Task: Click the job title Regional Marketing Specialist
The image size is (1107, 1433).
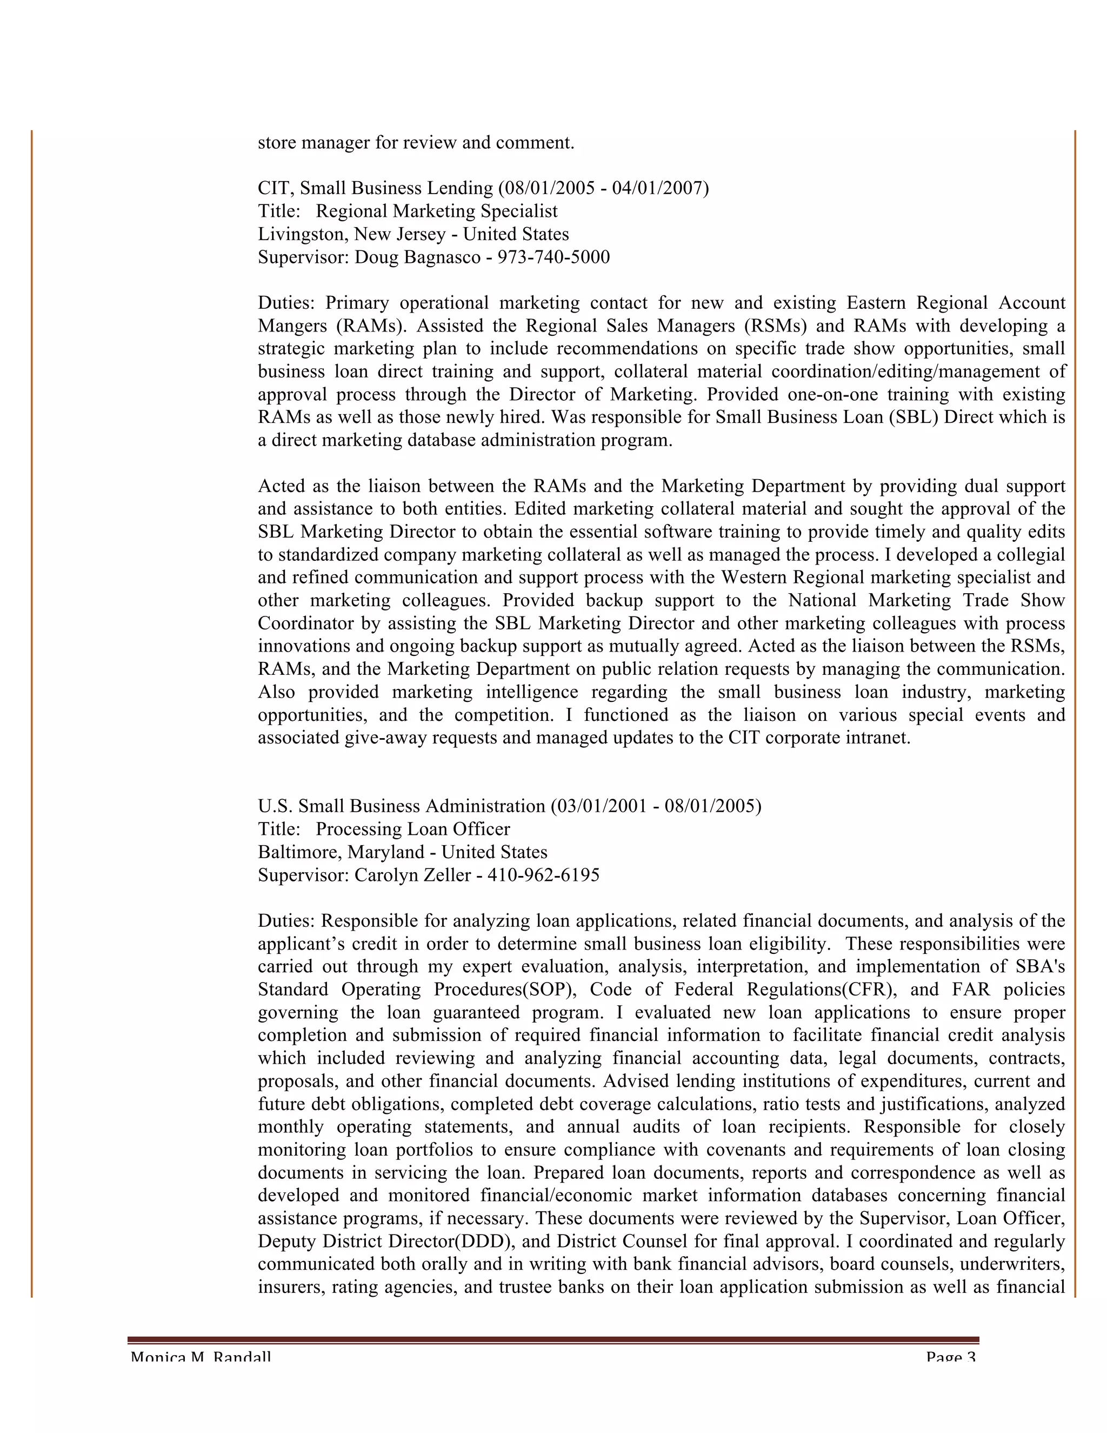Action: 437,211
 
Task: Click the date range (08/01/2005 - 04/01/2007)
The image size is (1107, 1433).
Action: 603,188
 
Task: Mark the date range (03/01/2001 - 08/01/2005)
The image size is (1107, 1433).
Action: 656,806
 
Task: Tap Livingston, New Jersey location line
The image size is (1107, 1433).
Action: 413,234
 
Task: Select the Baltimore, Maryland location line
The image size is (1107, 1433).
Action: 402,852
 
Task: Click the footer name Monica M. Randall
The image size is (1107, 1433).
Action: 201,1357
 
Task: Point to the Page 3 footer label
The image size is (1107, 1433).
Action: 950,1357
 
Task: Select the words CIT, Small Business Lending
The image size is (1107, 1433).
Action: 375,188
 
